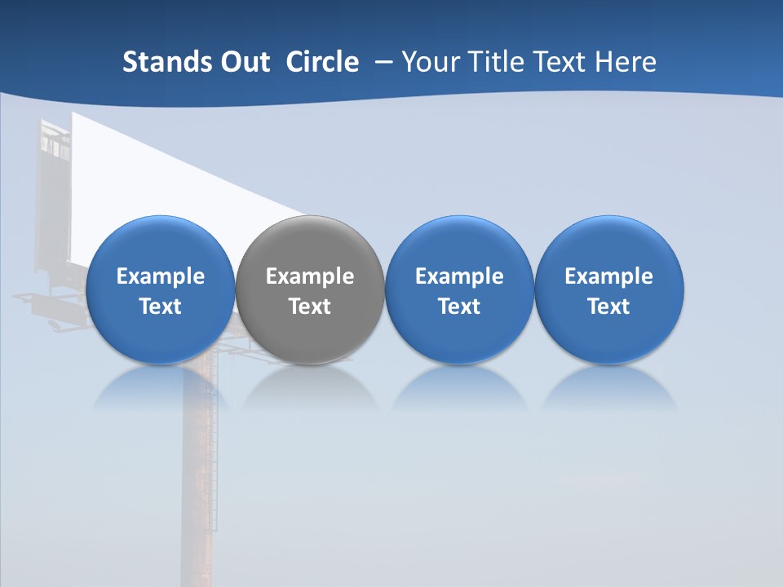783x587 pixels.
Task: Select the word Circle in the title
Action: [x=322, y=62]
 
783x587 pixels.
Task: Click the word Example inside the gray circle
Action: [x=310, y=276]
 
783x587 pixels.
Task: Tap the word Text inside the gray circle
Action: [x=310, y=307]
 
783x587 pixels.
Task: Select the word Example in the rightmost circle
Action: [x=608, y=276]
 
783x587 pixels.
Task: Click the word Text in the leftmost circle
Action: [x=160, y=307]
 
